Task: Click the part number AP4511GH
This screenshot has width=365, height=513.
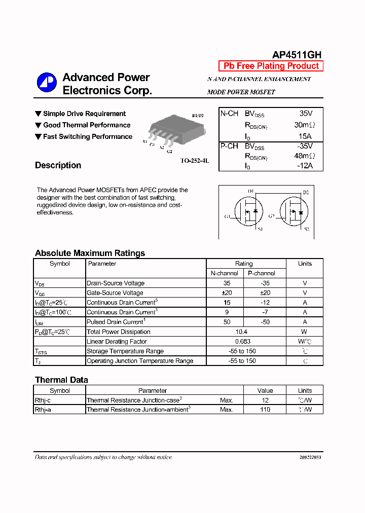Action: coord(297,55)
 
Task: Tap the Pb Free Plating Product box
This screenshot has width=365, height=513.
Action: coord(271,66)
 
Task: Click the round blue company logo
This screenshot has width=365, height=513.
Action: coord(47,83)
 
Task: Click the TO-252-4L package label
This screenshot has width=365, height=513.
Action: coord(194,161)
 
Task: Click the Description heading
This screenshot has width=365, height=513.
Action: coord(58,165)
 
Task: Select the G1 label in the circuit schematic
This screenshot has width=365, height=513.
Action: coord(228,216)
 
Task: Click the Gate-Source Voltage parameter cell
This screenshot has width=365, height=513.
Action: coord(115,293)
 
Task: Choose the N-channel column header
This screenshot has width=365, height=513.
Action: coord(225,273)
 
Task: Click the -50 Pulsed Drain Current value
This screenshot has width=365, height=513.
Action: coord(265,322)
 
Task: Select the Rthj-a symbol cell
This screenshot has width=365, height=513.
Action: coord(43,410)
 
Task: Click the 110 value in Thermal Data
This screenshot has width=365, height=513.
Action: coord(265,410)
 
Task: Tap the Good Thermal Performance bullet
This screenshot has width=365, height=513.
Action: coord(86,125)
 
